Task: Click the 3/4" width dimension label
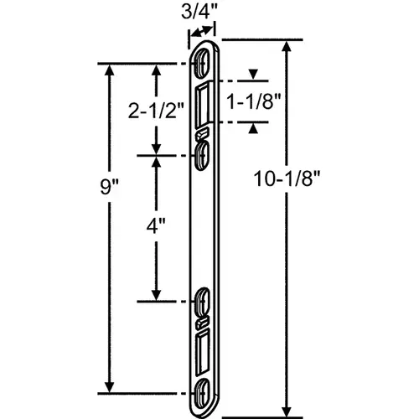click(199, 12)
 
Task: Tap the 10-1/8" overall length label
click(287, 178)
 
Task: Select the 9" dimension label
click(109, 187)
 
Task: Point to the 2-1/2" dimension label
click(156, 110)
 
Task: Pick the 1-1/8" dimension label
click(253, 101)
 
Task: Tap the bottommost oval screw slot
click(201, 394)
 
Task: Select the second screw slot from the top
click(202, 155)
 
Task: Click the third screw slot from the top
click(202, 302)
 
